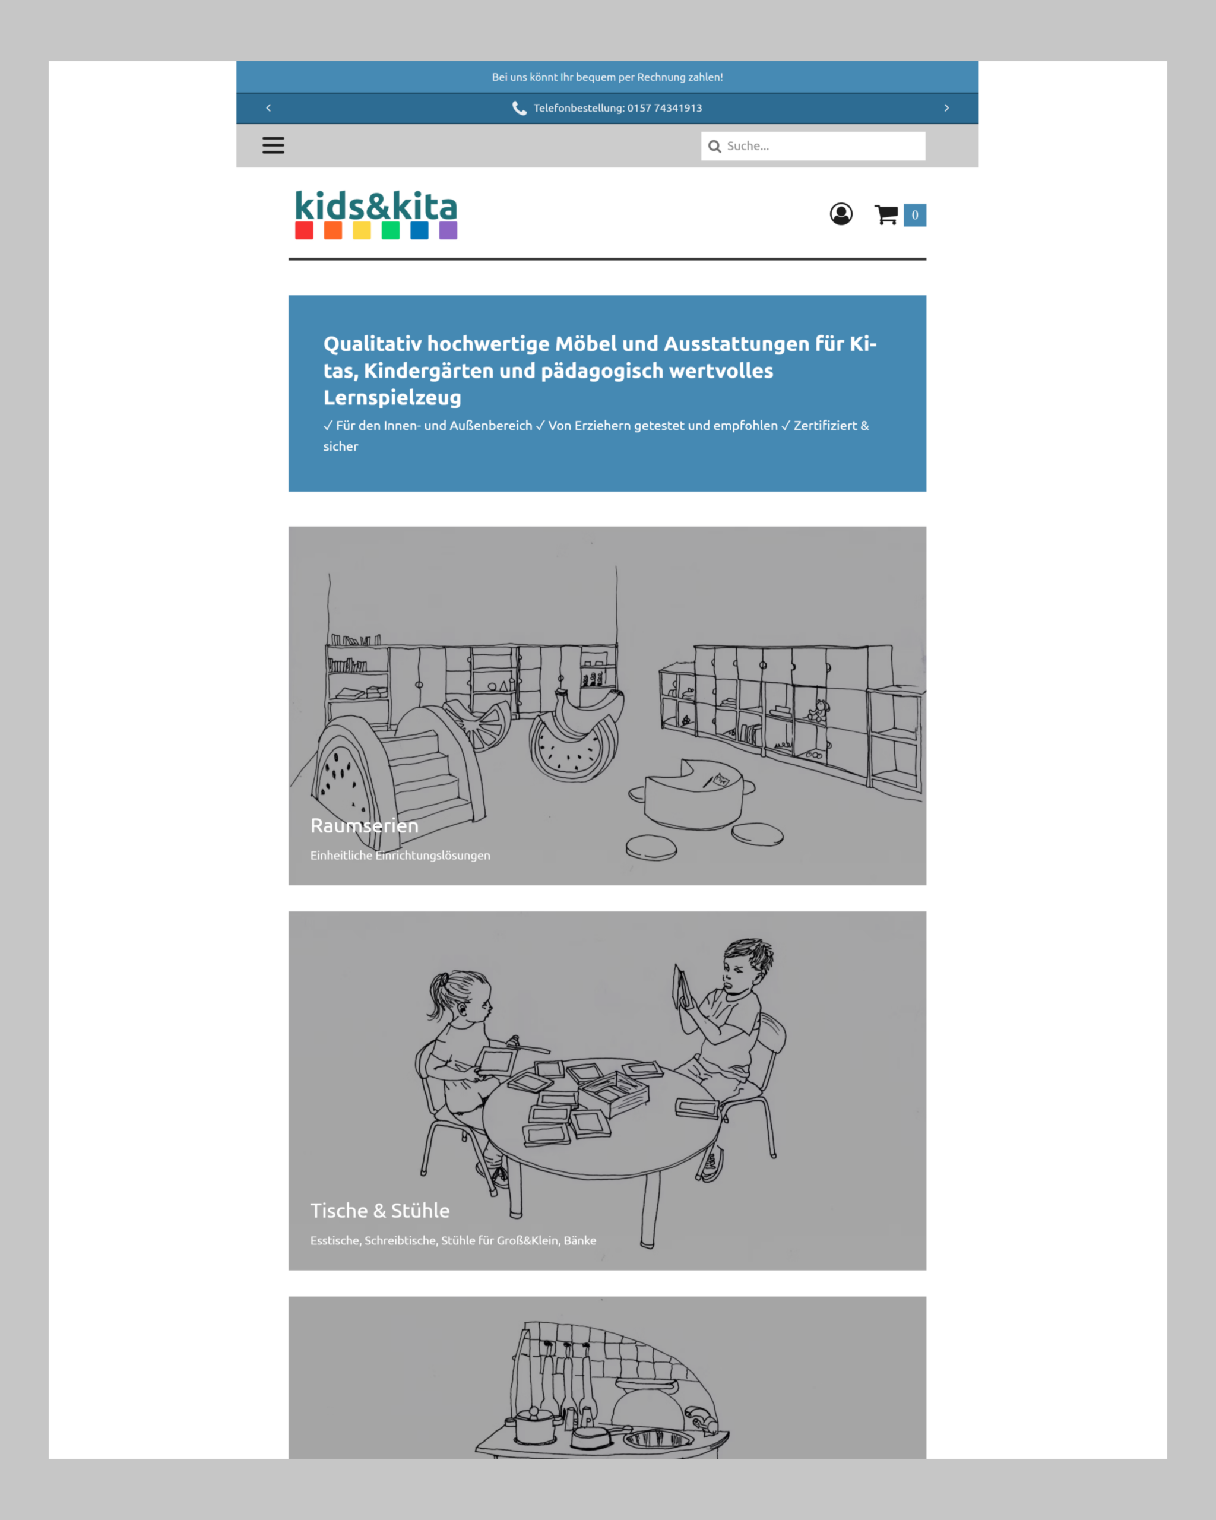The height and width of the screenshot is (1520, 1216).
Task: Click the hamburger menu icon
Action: pos(274,145)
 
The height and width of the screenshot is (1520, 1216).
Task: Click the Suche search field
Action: pos(813,146)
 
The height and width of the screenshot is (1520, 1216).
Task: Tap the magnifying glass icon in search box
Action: pos(715,146)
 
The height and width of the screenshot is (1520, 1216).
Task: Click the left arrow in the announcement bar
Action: pos(268,108)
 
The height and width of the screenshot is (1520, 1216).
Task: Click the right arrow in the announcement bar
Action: pos(946,108)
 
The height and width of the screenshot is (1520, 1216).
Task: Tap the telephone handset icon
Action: pos(520,108)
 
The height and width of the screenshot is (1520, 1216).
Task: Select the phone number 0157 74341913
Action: pos(665,108)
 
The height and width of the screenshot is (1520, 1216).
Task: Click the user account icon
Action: pos(841,214)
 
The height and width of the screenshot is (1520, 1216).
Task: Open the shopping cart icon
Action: pos(886,214)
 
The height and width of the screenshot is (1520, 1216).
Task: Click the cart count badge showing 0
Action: pos(915,215)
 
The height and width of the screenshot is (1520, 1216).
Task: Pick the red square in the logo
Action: pos(304,230)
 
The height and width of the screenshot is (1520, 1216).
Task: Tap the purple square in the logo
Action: pos(448,230)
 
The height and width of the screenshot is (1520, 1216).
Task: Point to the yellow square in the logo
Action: pos(362,230)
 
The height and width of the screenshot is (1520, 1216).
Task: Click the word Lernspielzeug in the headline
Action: pos(392,398)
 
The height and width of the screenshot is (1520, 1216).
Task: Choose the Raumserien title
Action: pos(365,825)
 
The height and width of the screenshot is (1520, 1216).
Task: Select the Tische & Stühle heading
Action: pos(380,1211)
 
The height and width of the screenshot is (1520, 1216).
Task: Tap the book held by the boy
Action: pos(682,986)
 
